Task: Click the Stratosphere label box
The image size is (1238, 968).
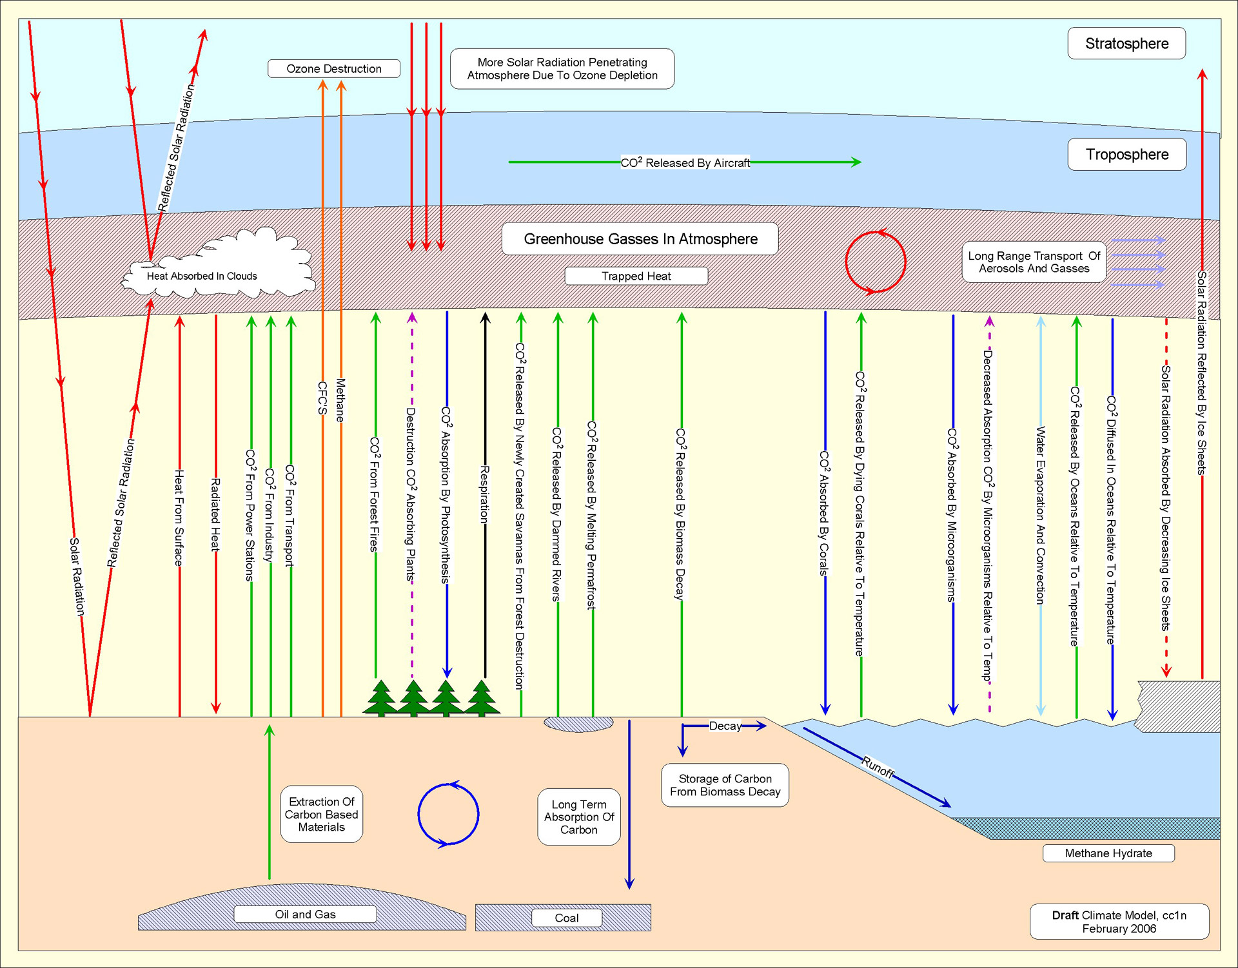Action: pos(1126,43)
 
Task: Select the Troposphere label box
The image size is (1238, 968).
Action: pos(1126,154)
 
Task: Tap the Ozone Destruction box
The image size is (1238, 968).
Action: pos(333,68)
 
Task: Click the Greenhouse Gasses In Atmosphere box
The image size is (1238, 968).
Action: pos(640,239)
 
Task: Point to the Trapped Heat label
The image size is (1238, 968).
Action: pos(636,276)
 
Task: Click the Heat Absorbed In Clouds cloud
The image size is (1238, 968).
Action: pos(202,276)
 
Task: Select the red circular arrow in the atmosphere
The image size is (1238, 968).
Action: pos(875,262)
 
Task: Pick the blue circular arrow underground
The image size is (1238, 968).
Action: pos(448,815)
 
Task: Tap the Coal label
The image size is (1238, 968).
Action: pos(566,918)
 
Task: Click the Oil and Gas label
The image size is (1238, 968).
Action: pos(305,914)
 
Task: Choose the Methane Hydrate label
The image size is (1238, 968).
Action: pos(1108,853)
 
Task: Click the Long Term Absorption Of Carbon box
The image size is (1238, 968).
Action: pos(578,817)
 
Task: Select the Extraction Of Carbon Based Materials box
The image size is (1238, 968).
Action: pos(321,814)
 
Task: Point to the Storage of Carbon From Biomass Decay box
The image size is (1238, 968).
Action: pos(725,785)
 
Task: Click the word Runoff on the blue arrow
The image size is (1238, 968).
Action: pos(878,767)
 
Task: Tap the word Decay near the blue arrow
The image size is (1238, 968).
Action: pos(725,726)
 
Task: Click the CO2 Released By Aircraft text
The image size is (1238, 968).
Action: pos(685,163)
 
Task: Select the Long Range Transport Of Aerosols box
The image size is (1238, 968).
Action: pos(1034,262)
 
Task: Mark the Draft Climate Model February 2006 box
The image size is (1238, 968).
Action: pos(1119,922)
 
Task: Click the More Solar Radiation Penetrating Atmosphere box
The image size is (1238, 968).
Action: pos(562,68)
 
